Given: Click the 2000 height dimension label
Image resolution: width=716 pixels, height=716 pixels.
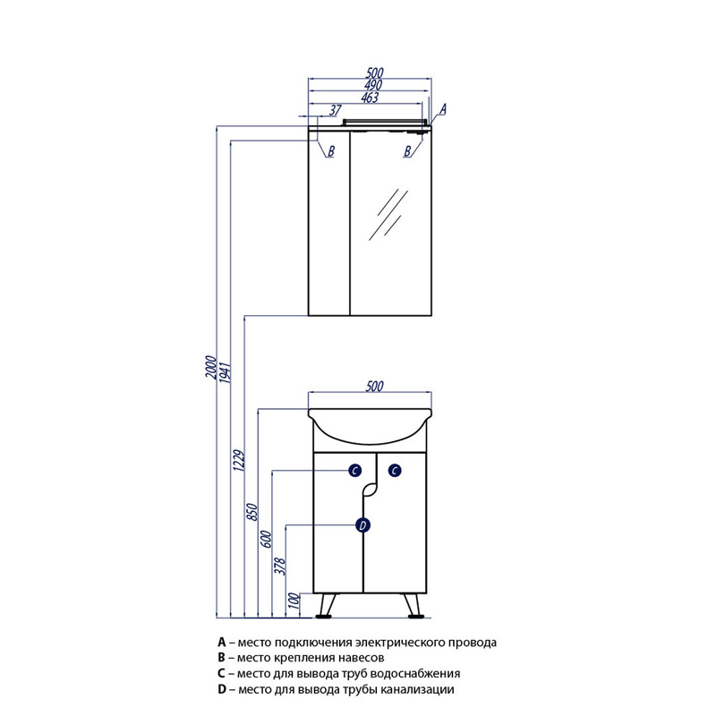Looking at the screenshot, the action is click(x=210, y=367).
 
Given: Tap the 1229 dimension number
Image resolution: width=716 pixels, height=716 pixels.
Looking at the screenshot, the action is click(x=239, y=460).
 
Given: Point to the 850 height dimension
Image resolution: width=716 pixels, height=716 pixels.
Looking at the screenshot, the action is click(x=253, y=512).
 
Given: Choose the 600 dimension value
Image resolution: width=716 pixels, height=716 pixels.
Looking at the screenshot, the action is click(x=267, y=540).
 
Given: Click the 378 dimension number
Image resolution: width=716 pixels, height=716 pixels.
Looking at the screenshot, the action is click(x=280, y=567).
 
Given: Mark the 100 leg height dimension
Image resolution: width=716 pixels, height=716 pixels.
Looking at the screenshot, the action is click(x=294, y=601).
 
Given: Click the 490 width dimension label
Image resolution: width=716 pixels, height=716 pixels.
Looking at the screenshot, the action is click(x=373, y=85).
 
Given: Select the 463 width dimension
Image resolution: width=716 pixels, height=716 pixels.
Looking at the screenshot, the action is click(x=370, y=98).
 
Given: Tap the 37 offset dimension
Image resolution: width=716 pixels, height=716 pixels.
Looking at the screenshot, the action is click(x=336, y=110).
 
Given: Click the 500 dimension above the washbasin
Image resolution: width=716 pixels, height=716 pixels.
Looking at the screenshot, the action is click(x=374, y=387).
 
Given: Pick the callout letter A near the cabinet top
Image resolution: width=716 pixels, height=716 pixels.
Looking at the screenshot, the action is click(x=442, y=109).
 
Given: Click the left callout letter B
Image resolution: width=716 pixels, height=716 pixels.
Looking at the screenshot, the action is click(x=331, y=151).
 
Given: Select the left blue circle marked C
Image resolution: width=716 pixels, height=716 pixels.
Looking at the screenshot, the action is click(x=355, y=471).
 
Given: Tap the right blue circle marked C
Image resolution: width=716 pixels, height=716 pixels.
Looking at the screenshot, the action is click(x=395, y=471).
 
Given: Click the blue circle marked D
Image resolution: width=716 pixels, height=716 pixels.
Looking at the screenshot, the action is click(x=363, y=525).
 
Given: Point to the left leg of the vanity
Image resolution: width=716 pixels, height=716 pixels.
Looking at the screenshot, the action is click(x=328, y=606).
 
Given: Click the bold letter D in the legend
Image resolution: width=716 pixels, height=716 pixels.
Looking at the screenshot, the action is click(x=222, y=689).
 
